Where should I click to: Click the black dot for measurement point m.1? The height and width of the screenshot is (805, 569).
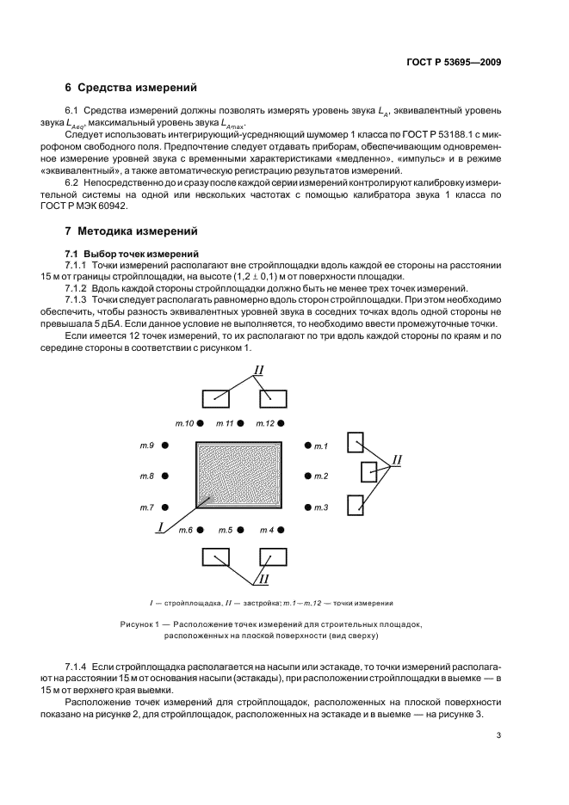coord(306,446)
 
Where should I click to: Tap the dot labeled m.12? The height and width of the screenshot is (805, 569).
coord(282,423)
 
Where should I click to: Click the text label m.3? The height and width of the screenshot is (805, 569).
coord(321,508)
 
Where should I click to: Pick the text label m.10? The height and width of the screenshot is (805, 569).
coord(185,423)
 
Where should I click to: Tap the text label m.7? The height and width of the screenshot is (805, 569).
coord(146,508)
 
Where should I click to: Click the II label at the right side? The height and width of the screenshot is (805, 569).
coord(397,461)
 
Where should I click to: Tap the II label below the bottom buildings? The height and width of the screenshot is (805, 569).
coord(264,578)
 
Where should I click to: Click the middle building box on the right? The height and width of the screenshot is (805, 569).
coord(368,473)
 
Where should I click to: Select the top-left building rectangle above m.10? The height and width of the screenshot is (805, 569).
coord(216,398)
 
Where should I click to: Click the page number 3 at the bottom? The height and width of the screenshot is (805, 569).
coord(498,734)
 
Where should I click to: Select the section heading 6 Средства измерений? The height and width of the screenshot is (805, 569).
coord(132,88)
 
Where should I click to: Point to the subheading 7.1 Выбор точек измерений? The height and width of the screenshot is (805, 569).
coord(133,255)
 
